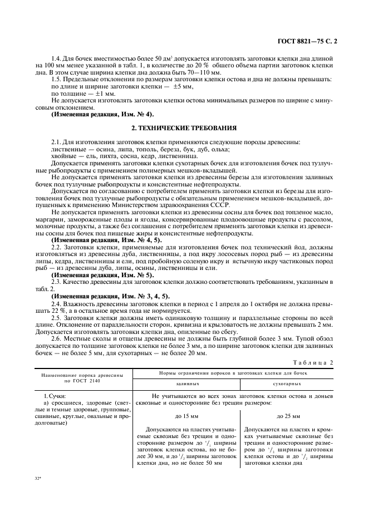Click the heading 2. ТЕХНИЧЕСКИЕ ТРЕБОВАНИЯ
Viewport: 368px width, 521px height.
(x=184, y=127)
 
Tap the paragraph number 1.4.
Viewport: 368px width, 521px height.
(x=56, y=58)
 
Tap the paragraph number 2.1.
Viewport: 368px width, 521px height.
(x=56, y=142)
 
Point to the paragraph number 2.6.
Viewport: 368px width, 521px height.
(x=56, y=338)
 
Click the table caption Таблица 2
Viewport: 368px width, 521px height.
(x=313, y=363)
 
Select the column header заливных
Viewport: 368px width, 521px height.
(x=187, y=384)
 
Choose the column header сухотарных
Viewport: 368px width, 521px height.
(x=287, y=384)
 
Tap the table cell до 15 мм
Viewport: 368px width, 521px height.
(x=187, y=416)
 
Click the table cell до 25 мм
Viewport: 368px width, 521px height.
(x=287, y=416)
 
